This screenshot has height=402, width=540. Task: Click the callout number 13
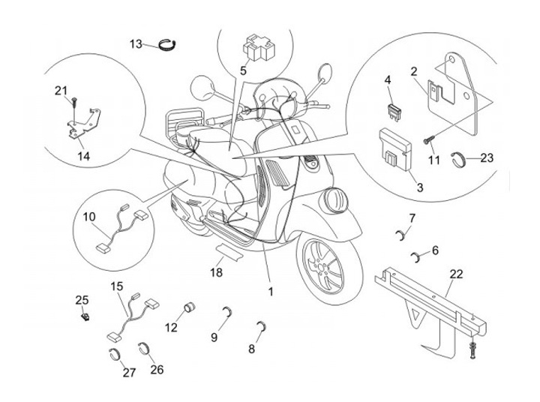point(136,43)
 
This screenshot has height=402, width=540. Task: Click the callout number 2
point(412,71)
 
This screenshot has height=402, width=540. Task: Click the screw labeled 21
point(76,100)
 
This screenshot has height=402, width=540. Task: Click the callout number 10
point(90,217)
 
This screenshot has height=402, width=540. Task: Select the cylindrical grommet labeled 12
point(190,308)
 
